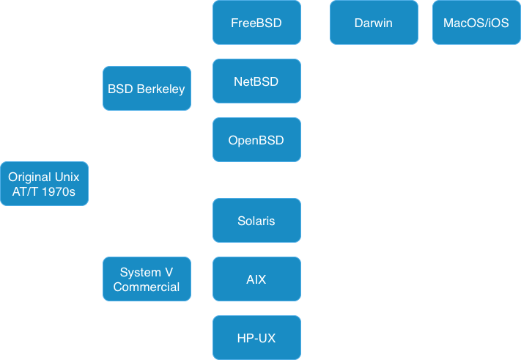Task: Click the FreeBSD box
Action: [x=256, y=23]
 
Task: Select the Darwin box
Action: [x=374, y=23]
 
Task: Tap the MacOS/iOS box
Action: [x=476, y=23]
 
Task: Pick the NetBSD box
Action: [x=256, y=81]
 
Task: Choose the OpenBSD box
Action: [x=256, y=140]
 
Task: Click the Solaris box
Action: [x=256, y=221]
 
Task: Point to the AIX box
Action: [x=256, y=279]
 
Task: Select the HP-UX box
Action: [x=256, y=338]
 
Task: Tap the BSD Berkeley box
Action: [x=147, y=89]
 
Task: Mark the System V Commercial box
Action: [x=147, y=279]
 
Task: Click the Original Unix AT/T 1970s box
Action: [x=44, y=184]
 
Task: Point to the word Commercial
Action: [x=147, y=287]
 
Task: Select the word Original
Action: [x=30, y=177]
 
